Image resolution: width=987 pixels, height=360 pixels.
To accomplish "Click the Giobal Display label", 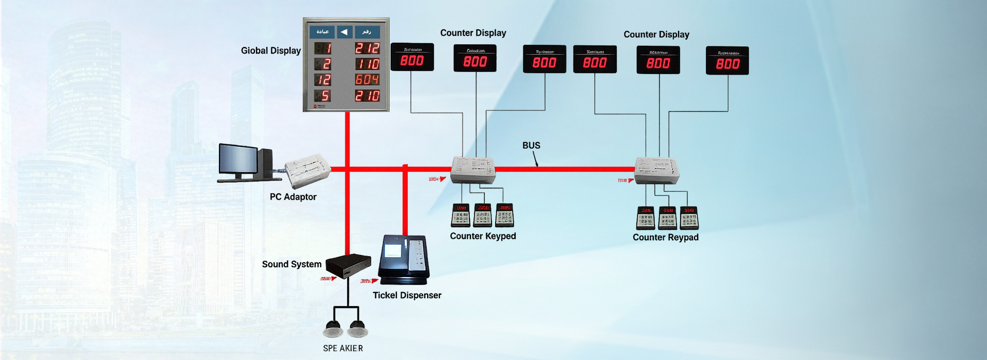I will pyautogui.click(x=270, y=50).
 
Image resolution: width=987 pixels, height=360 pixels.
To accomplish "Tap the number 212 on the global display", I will pyautogui.click(x=367, y=48).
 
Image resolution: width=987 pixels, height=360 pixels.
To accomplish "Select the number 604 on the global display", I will pyautogui.click(x=367, y=80).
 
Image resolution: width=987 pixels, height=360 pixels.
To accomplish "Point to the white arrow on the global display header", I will pyautogui.click(x=344, y=32).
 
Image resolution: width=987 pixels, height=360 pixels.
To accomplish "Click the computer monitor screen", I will pyautogui.click(x=238, y=159).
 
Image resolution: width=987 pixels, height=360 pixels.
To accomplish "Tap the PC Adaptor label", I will pyautogui.click(x=293, y=197).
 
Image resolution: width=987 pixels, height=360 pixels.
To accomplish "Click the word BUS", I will pyautogui.click(x=531, y=146).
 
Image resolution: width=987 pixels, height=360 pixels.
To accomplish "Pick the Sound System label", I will pyautogui.click(x=291, y=264).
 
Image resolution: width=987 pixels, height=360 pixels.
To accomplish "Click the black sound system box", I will pyautogui.click(x=348, y=265).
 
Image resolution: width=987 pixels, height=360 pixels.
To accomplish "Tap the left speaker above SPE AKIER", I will pyautogui.click(x=333, y=328).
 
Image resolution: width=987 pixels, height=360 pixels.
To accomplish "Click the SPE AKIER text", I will pyautogui.click(x=343, y=349).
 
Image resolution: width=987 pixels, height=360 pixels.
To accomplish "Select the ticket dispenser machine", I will pyautogui.click(x=404, y=259).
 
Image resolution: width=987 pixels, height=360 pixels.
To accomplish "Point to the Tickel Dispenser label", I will pyautogui.click(x=407, y=296).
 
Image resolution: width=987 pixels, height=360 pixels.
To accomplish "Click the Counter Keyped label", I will pyautogui.click(x=483, y=236).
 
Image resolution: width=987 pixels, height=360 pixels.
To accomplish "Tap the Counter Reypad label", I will pyautogui.click(x=665, y=238).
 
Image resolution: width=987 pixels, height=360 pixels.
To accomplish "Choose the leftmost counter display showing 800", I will pyautogui.click(x=412, y=57).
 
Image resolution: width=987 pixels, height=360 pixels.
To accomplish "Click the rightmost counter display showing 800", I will pyautogui.click(x=727, y=61).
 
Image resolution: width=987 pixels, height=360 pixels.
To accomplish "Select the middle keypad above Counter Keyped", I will pyautogui.click(x=483, y=215).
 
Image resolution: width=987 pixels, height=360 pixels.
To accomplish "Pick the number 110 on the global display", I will pyautogui.click(x=367, y=64).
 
